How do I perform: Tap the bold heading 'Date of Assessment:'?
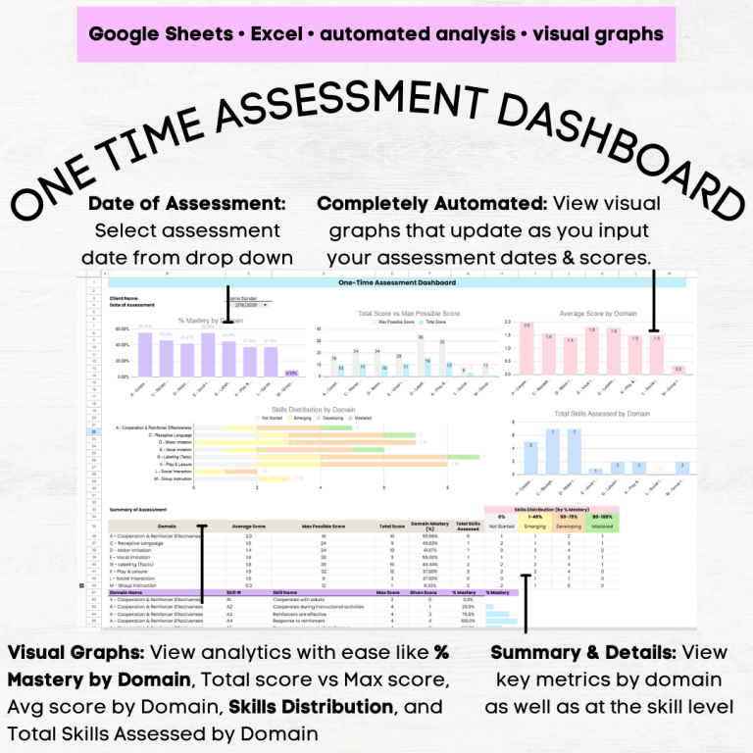click(x=186, y=204)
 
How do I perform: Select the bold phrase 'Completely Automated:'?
click(x=432, y=204)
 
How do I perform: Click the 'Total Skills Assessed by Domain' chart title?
click(x=593, y=413)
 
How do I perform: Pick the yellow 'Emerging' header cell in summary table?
click(x=535, y=527)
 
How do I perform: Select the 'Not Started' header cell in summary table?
click(x=502, y=527)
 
